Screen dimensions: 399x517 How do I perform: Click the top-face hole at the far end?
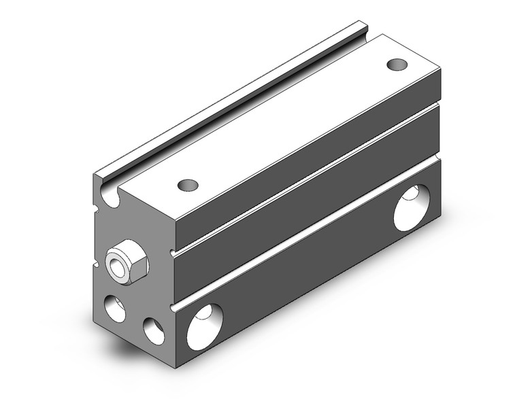coord(397,64)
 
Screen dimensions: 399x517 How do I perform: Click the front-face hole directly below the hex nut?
coord(115,308)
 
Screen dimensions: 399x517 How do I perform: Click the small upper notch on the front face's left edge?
coord(95,203)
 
